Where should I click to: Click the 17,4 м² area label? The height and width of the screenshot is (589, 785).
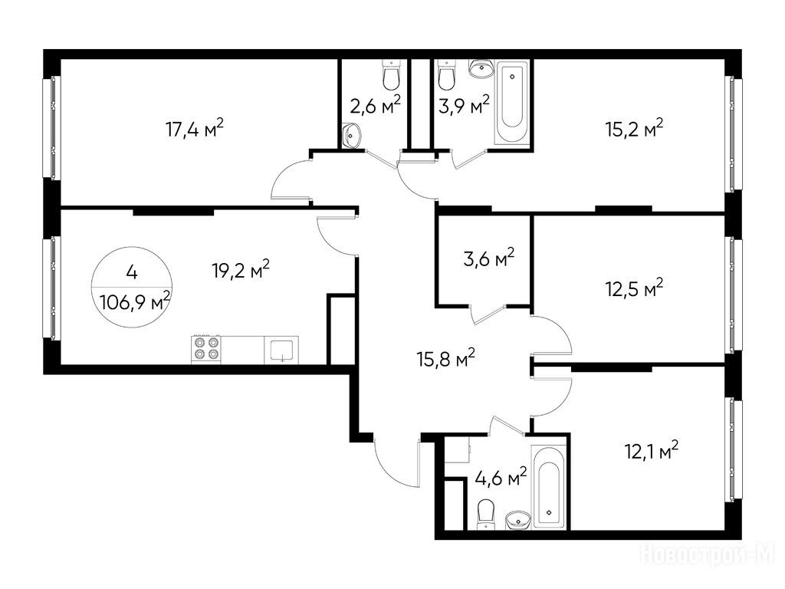coord(194,129)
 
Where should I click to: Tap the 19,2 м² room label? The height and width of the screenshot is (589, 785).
coord(241,271)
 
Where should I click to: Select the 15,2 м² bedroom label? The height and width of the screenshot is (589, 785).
coord(634,129)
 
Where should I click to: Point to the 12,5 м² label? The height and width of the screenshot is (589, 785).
coord(634,288)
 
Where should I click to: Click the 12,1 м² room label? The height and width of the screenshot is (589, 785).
coord(652,451)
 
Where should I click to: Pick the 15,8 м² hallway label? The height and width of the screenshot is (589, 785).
coord(445,359)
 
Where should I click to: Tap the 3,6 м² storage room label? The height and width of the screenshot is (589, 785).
coord(489,258)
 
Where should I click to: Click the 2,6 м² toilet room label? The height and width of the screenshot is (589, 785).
coord(376,105)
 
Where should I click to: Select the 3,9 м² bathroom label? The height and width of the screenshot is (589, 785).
coord(464,105)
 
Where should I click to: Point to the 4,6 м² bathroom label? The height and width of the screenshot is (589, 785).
coord(501,477)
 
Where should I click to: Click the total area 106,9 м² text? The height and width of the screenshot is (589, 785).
coord(135,302)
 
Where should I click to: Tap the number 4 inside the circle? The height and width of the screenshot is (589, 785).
coord(132,273)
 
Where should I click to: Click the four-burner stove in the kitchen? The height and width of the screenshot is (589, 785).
coord(205,350)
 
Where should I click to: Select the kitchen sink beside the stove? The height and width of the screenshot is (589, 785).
coord(281,350)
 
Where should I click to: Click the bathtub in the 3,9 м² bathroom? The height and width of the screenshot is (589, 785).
coord(511,103)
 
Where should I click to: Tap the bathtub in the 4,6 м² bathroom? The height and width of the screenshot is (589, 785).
coord(550,486)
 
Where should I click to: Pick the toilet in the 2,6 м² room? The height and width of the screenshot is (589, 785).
coord(392,74)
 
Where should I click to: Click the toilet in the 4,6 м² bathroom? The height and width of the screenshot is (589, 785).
coord(485,514)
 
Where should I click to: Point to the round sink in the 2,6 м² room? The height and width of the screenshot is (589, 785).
coord(353,134)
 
